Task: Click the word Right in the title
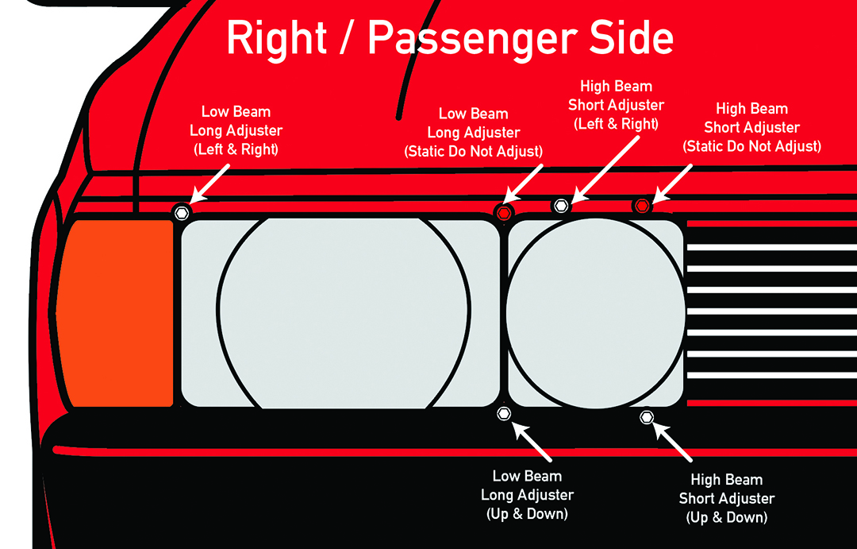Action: [275, 37]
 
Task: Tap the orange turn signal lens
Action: [116, 313]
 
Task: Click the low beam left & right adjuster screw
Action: [182, 212]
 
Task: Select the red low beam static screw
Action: [503, 212]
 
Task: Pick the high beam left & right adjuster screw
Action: [561, 207]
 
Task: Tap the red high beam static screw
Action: [642, 206]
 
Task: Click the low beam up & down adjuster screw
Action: [503, 413]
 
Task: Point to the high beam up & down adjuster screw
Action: [646, 417]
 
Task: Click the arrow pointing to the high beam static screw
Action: [671, 182]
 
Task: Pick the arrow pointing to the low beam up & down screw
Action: [532, 440]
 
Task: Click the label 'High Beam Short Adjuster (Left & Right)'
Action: [616, 105]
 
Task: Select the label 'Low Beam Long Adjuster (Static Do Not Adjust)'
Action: [474, 133]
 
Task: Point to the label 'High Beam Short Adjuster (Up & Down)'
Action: [726, 499]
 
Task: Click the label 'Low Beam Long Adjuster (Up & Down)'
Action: [527, 495]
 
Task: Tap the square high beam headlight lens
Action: [596, 313]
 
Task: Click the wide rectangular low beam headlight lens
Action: [341, 313]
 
